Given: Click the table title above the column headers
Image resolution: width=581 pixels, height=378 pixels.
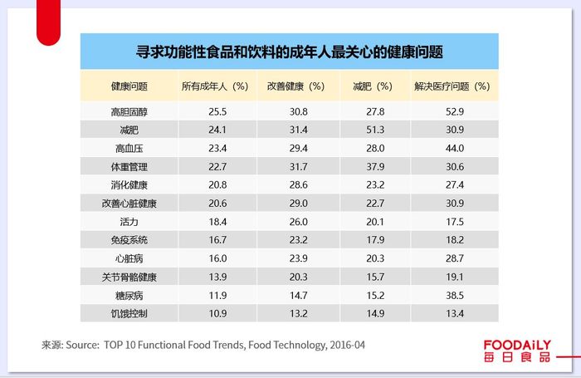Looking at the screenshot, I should coord(289,52).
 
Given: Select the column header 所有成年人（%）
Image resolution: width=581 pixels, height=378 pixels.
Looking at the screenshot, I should coord(215,86).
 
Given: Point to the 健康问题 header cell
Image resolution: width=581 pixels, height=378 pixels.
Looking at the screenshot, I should coord(129,86).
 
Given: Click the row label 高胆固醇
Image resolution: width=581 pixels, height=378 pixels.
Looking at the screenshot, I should coord(129,111).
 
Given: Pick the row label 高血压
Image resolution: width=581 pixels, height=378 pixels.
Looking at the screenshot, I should coord(129,148).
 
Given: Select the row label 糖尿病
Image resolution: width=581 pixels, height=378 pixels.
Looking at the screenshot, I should coord(129,295).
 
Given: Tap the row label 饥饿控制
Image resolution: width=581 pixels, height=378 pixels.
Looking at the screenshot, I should coord(129,313).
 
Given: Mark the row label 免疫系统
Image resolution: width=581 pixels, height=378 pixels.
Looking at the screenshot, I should coord(129,240).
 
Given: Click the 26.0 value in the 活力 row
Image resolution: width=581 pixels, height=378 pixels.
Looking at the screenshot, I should coord(299,222).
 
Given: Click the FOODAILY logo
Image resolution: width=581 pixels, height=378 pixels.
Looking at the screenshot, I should coord(517,351).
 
